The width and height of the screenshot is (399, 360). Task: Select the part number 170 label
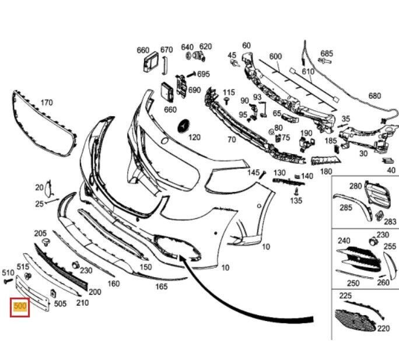(47, 103)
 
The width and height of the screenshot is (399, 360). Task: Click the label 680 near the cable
(374, 96)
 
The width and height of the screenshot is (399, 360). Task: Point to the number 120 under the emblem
(194, 138)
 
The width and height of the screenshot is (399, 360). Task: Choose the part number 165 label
(161, 286)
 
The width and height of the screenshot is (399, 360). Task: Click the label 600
(275, 57)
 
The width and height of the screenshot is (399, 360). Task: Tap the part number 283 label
(390, 222)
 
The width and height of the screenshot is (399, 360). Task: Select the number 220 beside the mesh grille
(383, 328)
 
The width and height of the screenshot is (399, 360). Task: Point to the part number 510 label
(8, 272)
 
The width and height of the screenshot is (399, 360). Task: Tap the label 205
(40, 233)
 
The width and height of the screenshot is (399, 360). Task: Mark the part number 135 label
(296, 201)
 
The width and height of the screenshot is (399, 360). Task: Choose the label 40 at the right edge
(391, 170)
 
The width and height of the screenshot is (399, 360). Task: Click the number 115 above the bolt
(229, 93)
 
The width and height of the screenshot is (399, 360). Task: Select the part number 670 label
(166, 50)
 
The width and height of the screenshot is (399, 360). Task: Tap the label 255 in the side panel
(390, 247)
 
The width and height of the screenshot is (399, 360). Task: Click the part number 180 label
(326, 172)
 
